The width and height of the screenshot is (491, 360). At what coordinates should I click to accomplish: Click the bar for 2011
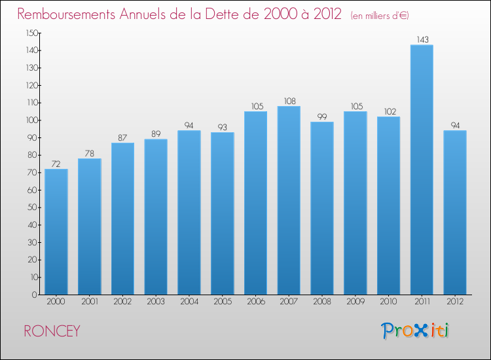click(422, 170)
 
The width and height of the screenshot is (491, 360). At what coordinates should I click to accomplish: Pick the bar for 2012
click(455, 212)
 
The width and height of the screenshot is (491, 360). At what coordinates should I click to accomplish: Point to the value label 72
click(56, 164)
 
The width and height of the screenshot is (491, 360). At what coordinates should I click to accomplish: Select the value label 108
click(289, 101)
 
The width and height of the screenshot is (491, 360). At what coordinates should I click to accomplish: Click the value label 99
click(322, 117)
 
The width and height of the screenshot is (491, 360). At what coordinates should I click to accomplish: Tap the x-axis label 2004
click(189, 302)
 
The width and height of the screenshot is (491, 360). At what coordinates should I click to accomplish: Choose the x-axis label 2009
click(355, 302)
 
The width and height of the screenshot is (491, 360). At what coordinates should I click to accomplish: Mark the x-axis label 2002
click(122, 302)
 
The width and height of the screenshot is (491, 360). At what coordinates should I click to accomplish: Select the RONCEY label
click(52, 331)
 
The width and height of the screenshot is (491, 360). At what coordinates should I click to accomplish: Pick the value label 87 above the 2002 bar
click(122, 137)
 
